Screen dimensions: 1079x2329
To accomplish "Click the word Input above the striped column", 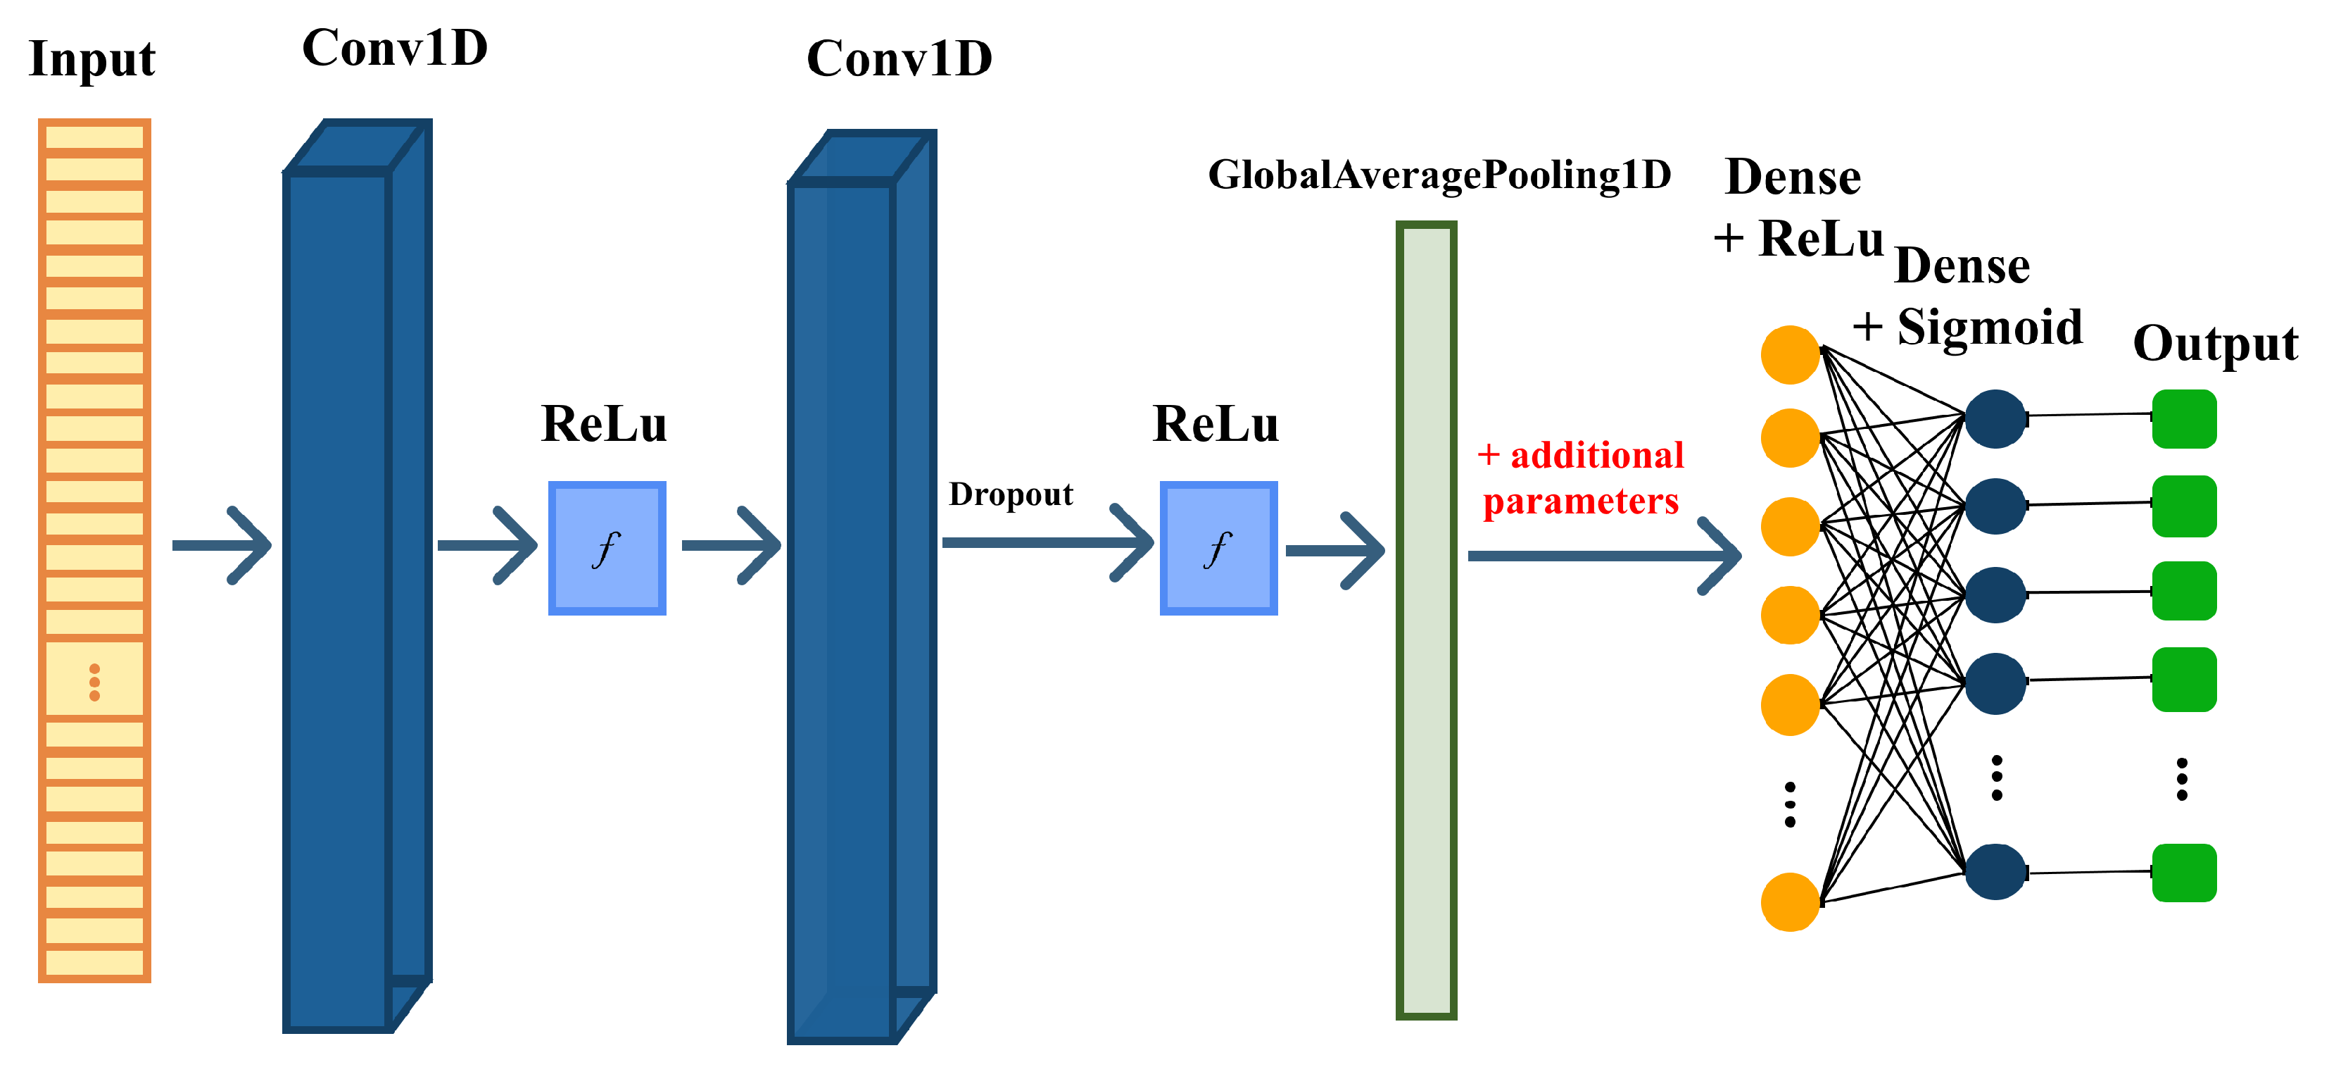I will (x=92, y=60).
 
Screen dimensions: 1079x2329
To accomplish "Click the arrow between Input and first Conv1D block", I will (x=222, y=544).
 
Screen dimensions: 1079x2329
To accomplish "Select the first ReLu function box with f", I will (x=607, y=548).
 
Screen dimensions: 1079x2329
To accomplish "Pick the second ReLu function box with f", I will (x=1218, y=548).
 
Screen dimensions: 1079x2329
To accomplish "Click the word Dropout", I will (x=1010, y=494).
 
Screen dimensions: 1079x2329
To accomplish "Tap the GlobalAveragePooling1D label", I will (x=1439, y=175).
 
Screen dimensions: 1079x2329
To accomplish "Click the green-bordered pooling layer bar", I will (x=1426, y=620).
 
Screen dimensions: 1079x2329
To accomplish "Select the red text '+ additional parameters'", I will (x=1580, y=478).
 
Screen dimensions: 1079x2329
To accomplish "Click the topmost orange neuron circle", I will (x=1789, y=354).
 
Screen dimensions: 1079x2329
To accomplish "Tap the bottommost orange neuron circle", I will (x=1789, y=902).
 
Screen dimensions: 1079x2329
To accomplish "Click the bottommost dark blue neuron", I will (x=1995, y=872).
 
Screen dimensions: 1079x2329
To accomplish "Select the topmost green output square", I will (x=2183, y=419).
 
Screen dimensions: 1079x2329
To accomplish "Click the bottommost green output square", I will (x=2183, y=873).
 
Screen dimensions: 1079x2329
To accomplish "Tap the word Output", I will (x=2214, y=344).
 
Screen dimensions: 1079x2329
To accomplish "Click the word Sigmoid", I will (x=1989, y=327).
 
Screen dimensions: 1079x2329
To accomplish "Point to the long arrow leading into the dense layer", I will (x=1604, y=555).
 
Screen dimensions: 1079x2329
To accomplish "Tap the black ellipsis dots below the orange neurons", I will (x=1789, y=804).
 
